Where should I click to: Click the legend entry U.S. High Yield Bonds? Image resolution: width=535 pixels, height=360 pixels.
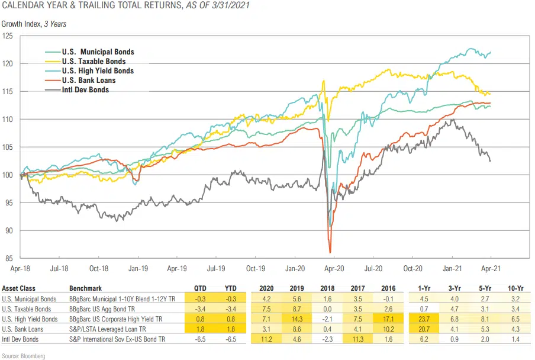(98, 71)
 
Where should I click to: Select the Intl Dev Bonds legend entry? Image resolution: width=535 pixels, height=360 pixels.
(85, 90)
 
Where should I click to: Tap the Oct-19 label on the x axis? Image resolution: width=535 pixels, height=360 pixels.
(255, 267)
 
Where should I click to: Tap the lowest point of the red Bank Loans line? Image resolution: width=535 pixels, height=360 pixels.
(329, 252)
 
